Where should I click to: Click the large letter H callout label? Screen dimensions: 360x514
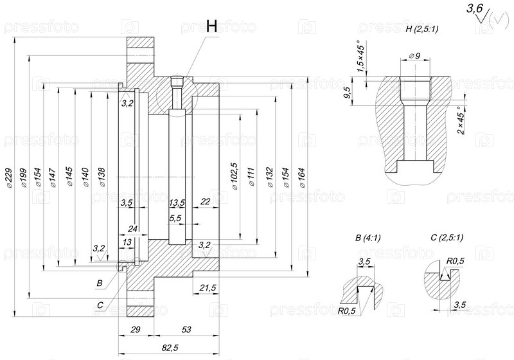213,26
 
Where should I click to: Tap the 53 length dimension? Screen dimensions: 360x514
186,330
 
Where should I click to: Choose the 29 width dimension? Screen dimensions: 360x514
136,330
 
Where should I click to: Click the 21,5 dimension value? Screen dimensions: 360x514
208,287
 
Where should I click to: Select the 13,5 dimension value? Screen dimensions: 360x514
177,203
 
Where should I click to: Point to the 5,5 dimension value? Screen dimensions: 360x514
175,219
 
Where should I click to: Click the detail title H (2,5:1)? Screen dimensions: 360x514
422,30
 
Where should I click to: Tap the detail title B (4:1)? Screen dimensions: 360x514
368,238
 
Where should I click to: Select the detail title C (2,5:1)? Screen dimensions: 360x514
447,238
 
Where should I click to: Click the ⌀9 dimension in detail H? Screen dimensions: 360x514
414,57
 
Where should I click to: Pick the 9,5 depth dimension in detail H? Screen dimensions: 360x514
348,93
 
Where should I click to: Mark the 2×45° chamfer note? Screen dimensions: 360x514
460,120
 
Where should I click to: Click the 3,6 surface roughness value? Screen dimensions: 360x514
475,8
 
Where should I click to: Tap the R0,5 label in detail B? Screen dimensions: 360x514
347,311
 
